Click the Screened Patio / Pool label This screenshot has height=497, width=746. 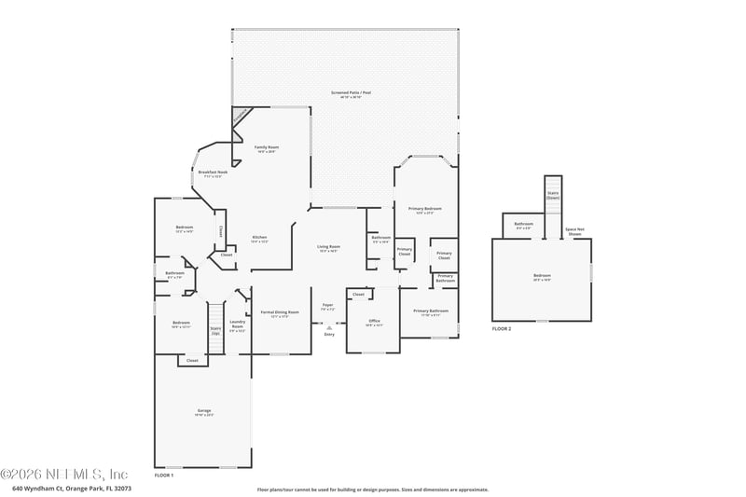(x=345, y=93)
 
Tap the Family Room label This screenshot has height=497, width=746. (x=267, y=147)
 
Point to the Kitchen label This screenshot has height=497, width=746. (x=259, y=238)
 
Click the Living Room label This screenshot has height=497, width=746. (x=328, y=247)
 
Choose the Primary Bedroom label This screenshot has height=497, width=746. (x=425, y=209)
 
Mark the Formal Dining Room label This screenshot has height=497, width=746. (x=280, y=312)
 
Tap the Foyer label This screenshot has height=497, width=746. (x=328, y=305)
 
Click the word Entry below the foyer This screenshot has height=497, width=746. (x=329, y=334)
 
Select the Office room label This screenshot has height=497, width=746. (x=373, y=322)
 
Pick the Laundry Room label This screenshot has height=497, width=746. (x=238, y=326)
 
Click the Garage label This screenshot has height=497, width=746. (x=204, y=411)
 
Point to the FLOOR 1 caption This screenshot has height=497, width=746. (x=164, y=475)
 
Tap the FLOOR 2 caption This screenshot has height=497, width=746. (x=502, y=328)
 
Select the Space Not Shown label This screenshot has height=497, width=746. (x=574, y=231)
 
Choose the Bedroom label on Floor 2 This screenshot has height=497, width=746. (x=542, y=276)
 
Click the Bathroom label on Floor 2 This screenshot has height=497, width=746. (x=523, y=224)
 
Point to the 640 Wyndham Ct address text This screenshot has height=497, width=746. (x=72, y=488)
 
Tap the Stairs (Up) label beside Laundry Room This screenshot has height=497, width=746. (x=215, y=329)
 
